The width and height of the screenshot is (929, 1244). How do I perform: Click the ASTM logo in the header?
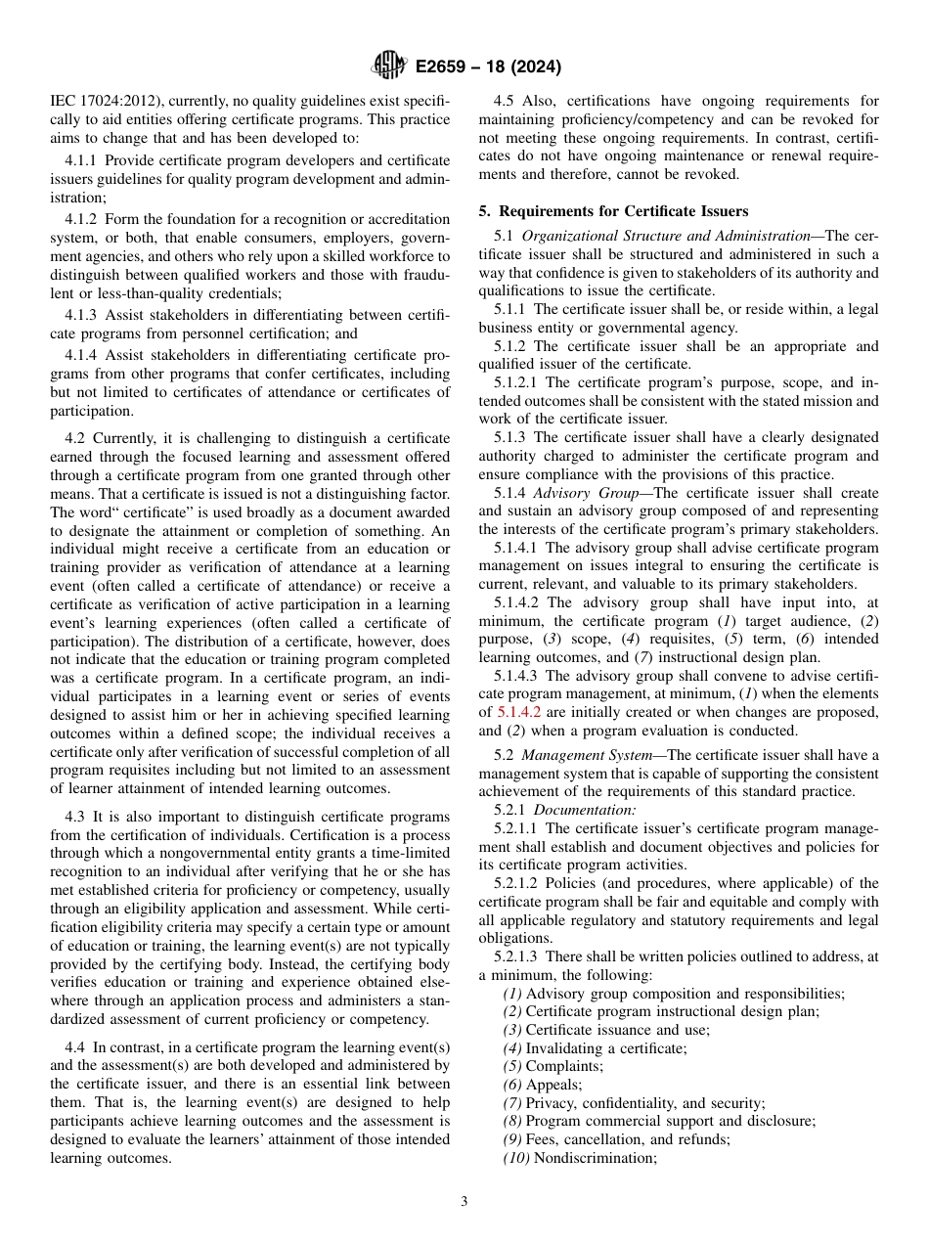(x=389, y=67)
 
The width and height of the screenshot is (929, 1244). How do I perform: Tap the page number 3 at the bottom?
(x=464, y=1202)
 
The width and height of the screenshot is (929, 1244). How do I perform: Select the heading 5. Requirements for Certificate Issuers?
(x=613, y=211)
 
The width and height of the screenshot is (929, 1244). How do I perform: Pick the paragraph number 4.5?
(x=505, y=101)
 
